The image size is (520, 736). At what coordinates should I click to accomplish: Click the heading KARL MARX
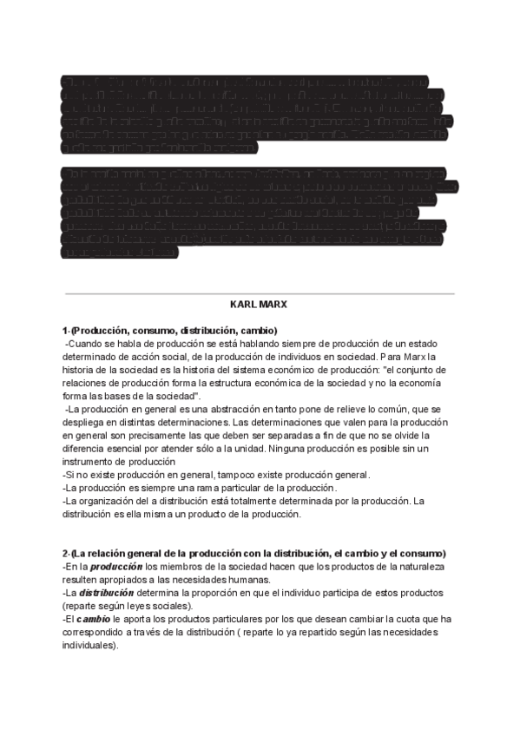[260, 306]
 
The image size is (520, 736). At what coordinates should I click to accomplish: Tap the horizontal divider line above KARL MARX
[260, 294]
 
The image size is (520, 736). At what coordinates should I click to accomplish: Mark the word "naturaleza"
[421, 567]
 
